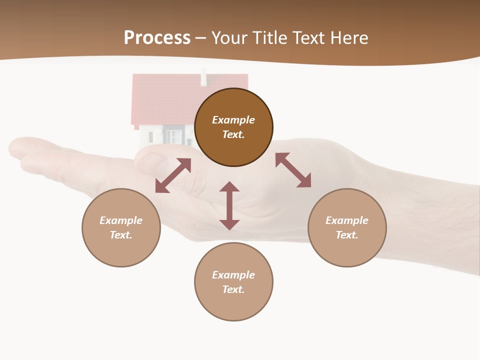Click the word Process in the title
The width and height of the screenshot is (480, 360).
tap(157, 38)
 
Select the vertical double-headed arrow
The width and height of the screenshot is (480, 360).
tap(229, 205)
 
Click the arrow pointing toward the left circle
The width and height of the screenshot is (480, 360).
tap(173, 175)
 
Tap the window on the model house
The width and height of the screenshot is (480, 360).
tap(173, 135)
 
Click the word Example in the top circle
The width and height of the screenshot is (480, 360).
tap(233, 120)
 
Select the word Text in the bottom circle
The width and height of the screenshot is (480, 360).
tap(233, 289)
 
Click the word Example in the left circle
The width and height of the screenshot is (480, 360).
tap(121, 220)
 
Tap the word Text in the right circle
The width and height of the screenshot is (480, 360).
tap(347, 235)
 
